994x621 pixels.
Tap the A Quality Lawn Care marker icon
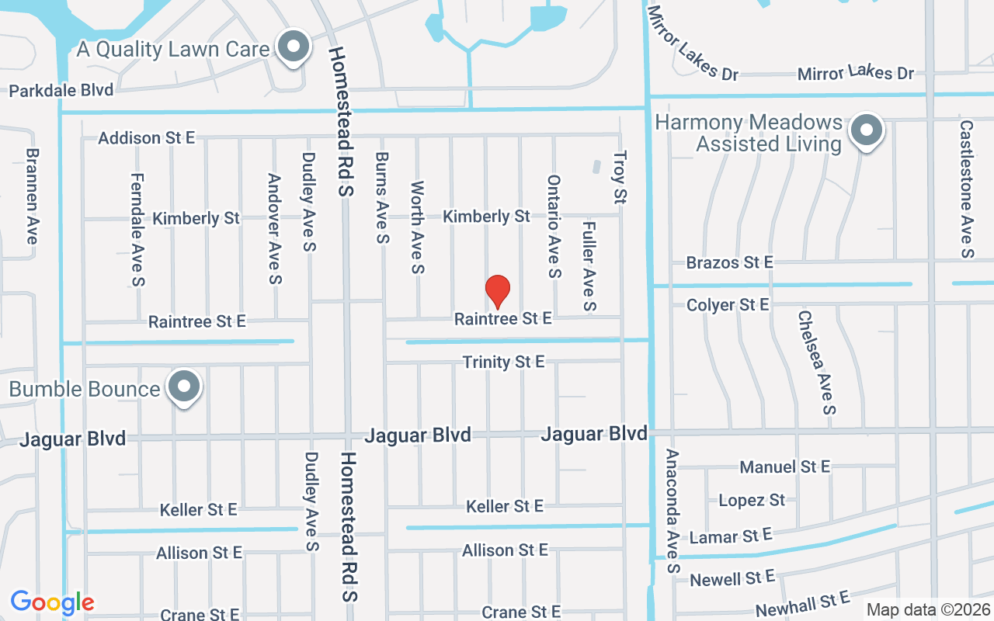294,47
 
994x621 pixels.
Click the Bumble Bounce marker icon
184,387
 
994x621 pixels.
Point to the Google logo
52,602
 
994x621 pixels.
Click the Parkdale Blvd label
61,90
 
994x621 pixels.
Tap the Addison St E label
147,138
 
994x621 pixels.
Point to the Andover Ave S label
274,228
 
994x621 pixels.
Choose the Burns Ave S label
381,197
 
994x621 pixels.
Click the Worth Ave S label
418,227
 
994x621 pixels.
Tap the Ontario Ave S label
554,226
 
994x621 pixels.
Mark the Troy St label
619,178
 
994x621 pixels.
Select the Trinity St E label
504,362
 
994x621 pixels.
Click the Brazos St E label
729,262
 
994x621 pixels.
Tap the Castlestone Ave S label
966,188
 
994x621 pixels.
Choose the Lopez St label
752,500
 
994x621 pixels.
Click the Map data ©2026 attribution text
928,609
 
